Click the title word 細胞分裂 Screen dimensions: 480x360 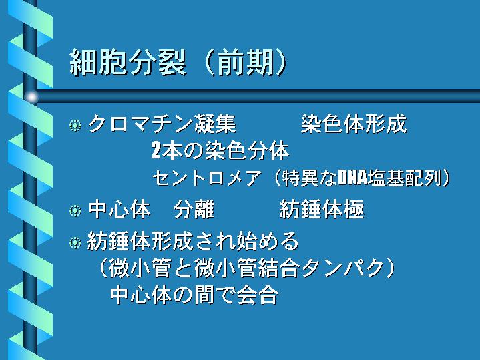click(128, 63)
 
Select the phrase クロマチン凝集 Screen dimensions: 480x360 click(162, 124)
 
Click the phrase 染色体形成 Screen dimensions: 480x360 click(354, 124)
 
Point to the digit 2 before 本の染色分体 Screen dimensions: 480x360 click(156, 150)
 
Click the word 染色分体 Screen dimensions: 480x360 click(247, 150)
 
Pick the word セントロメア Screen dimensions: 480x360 click(207, 178)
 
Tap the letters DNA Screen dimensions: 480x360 click(352, 178)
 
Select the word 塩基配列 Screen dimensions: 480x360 click(404, 178)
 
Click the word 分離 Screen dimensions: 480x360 click(194, 210)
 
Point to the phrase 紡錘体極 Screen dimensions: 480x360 click(322, 210)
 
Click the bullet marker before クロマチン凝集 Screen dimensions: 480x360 click(75, 125)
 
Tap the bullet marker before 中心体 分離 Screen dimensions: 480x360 click(75, 211)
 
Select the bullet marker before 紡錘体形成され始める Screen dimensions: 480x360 click(75, 242)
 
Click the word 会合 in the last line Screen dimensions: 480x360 click(258, 295)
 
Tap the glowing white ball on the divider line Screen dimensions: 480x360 click(31, 97)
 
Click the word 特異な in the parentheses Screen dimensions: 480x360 click(310, 178)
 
